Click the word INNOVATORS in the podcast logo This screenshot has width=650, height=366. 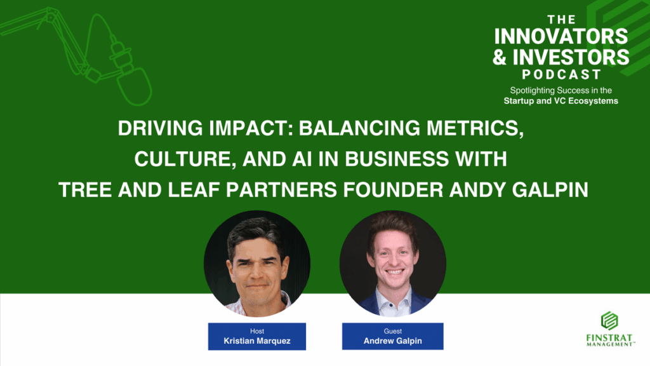click(x=561, y=36)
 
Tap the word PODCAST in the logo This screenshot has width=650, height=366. click(x=562, y=75)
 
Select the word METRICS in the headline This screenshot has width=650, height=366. click(x=475, y=128)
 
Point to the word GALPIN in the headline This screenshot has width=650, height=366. click(x=550, y=190)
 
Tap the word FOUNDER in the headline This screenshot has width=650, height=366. click(x=393, y=190)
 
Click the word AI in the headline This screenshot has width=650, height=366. click(x=302, y=159)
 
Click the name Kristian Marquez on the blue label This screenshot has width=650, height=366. click(x=257, y=341)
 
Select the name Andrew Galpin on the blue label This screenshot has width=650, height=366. click(x=392, y=341)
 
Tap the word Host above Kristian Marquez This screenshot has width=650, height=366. click(x=257, y=331)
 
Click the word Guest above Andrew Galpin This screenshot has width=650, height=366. click(x=392, y=331)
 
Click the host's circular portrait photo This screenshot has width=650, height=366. click(x=257, y=264)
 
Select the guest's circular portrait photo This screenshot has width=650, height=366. click(x=392, y=264)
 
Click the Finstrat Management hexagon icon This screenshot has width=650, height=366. click(x=609, y=321)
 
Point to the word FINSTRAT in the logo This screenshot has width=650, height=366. click(x=609, y=337)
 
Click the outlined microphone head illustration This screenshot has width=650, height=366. click(x=133, y=85)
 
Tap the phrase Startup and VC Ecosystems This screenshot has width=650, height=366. click(x=561, y=101)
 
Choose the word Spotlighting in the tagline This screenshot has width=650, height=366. click(x=533, y=90)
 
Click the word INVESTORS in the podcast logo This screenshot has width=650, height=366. click(x=571, y=57)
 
